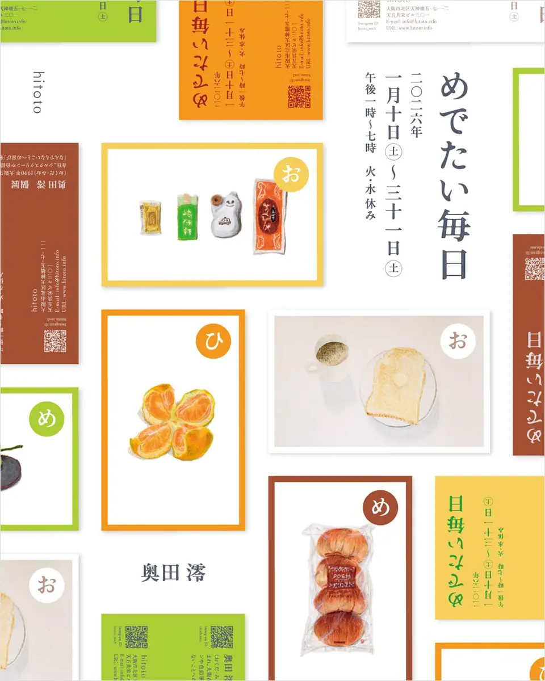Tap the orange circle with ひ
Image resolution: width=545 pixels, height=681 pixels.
(x=213, y=342)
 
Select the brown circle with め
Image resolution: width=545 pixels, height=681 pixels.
(x=380, y=507)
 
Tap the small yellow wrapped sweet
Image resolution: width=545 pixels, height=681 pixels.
(x=150, y=218)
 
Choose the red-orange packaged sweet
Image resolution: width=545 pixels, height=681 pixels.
(x=269, y=216)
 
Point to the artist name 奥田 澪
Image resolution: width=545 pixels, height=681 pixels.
(x=173, y=573)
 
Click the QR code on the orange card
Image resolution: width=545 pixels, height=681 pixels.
(x=299, y=96)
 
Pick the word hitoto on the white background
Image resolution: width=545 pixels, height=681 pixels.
(x=37, y=92)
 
